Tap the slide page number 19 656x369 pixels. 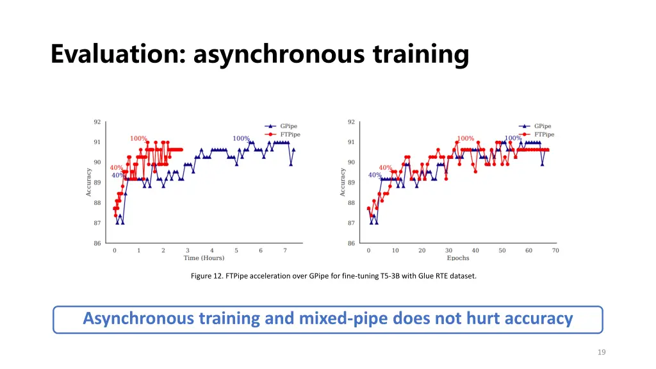click(x=602, y=352)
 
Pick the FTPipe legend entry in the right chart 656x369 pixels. click(x=544, y=135)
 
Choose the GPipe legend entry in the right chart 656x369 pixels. click(x=543, y=126)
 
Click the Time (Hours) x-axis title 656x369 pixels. click(x=204, y=258)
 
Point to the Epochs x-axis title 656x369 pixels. click(x=457, y=258)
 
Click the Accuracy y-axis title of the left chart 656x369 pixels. click(x=88, y=182)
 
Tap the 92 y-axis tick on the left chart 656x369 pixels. click(x=97, y=122)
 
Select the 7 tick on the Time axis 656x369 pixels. click(x=284, y=250)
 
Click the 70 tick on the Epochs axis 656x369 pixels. click(x=555, y=250)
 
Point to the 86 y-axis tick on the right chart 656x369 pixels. click(x=351, y=243)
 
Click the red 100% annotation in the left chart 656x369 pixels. click(x=138, y=138)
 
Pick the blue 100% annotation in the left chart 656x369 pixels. click(x=241, y=138)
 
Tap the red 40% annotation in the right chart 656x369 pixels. click(x=385, y=168)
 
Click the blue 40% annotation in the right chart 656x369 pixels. click(x=375, y=176)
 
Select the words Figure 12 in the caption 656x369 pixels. click(x=206, y=276)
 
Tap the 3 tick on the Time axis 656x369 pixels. click(x=188, y=250)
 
